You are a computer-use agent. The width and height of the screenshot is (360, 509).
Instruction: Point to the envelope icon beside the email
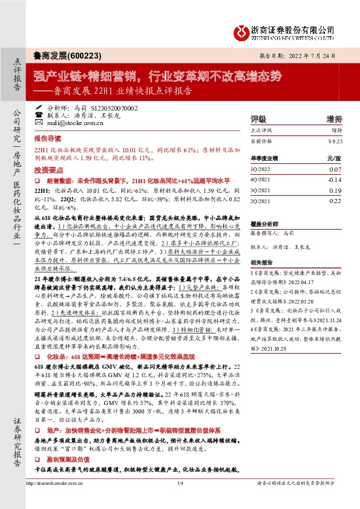[x=39, y=123]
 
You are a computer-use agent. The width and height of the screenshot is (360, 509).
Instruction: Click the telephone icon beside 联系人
[x=39, y=115]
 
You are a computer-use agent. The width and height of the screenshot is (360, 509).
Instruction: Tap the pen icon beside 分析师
[x=39, y=107]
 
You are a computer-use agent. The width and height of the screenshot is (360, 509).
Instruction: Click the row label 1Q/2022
[x=261, y=170]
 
